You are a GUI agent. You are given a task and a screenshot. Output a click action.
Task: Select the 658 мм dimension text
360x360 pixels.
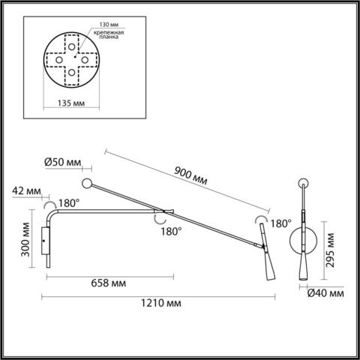click(x=108, y=283)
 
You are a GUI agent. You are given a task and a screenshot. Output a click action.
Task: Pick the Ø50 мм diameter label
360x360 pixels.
click(x=63, y=162)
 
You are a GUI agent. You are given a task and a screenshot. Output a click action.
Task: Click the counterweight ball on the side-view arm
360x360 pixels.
click(x=88, y=183)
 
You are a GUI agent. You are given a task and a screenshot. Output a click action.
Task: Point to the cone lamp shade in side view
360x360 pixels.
click(x=268, y=265)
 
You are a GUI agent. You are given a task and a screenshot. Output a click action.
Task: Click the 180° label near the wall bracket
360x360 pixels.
click(x=68, y=202)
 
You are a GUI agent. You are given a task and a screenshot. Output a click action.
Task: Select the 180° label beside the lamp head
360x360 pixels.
click(x=280, y=223)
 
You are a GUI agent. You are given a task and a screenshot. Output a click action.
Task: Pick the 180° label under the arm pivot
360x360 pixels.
click(x=170, y=232)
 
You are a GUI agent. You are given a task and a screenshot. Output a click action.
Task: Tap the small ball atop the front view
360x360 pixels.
click(x=303, y=183)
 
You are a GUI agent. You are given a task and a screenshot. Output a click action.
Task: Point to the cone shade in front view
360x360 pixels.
click(x=303, y=265)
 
